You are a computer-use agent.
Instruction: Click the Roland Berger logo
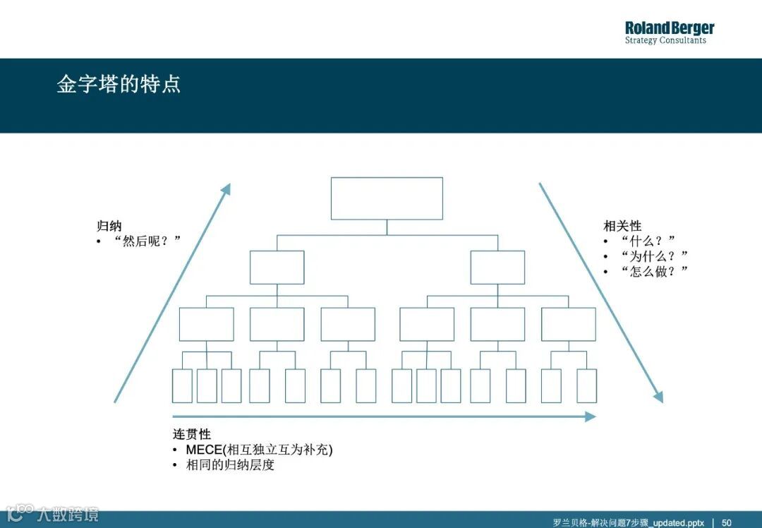(x=669, y=32)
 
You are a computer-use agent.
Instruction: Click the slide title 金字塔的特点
(x=119, y=84)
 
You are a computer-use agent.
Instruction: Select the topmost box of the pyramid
(x=387, y=198)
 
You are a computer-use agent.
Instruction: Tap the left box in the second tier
(x=277, y=268)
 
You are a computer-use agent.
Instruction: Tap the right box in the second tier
(x=497, y=268)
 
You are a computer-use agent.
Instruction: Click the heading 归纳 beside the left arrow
(x=109, y=226)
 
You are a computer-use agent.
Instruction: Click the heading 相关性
(x=622, y=226)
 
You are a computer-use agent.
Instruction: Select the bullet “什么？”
(x=648, y=241)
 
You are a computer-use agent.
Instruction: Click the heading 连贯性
(x=192, y=434)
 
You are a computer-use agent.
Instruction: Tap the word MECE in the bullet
(x=204, y=450)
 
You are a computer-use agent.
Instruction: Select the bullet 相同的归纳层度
(x=230, y=465)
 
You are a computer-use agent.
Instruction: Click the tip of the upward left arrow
(x=228, y=186)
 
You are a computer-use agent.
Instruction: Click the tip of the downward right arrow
(x=660, y=400)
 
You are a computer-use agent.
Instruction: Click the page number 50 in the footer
(x=726, y=522)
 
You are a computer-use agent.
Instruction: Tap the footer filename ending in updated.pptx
(x=619, y=522)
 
